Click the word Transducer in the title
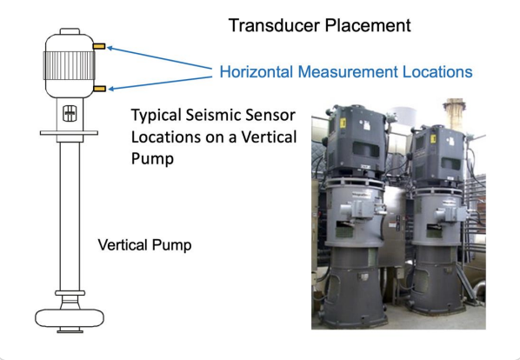pyautogui.click(x=265, y=25)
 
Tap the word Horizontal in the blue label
pyautogui.click(x=260, y=71)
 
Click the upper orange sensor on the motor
pyautogui.click(x=99, y=45)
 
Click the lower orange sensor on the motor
pyautogui.click(x=99, y=88)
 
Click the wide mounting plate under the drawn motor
pyautogui.click(x=68, y=133)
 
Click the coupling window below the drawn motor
pyautogui.click(x=68, y=112)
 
